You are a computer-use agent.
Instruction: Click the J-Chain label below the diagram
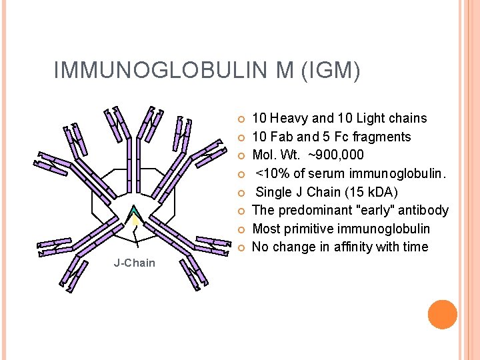coord(134,263)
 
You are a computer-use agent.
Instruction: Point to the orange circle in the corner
coord(442,315)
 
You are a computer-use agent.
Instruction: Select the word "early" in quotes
coord(372,211)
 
